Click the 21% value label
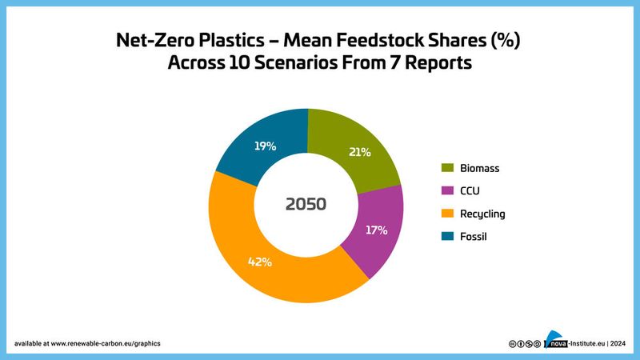(359, 153)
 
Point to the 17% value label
(376, 230)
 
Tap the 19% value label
(266, 146)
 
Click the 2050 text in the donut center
(306, 204)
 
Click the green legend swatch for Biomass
(448, 169)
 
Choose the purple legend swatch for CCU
(448, 191)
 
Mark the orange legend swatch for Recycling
(448, 214)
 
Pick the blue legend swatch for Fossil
(448, 237)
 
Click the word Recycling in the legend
(482, 214)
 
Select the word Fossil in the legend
(473, 237)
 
